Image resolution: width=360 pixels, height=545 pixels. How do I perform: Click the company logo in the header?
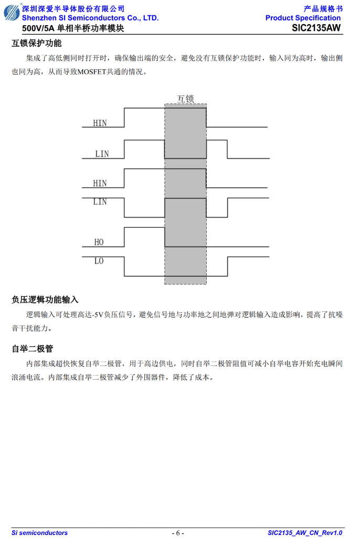(x=12, y=13)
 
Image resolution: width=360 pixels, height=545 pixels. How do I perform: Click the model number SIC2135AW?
(x=316, y=28)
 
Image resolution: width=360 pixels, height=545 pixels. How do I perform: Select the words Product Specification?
(x=303, y=18)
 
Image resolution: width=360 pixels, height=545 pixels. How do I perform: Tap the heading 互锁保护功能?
(x=37, y=43)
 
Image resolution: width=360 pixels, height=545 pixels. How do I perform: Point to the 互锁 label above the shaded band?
(x=185, y=99)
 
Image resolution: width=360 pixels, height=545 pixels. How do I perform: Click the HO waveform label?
(x=99, y=242)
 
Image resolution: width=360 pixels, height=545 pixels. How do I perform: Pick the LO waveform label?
(x=99, y=260)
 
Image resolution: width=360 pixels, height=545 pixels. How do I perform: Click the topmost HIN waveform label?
(x=100, y=123)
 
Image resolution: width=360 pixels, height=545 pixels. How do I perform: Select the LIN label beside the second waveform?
(x=102, y=154)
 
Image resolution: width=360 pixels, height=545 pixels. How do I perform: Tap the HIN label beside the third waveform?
(x=100, y=183)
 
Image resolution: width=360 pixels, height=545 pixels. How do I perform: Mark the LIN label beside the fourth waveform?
(x=100, y=202)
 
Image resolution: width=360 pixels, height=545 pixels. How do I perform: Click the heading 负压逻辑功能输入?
(x=45, y=300)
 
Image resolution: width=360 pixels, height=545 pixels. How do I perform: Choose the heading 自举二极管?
(x=33, y=349)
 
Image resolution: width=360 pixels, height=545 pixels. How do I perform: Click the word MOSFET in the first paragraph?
(x=91, y=72)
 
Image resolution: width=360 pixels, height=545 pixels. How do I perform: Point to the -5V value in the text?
(x=98, y=315)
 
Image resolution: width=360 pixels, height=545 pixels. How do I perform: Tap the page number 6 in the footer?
(x=177, y=533)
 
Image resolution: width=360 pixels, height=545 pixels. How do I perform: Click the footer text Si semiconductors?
(x=39, y=533)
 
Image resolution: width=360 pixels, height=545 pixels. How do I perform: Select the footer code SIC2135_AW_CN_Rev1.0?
(x=305, y=533)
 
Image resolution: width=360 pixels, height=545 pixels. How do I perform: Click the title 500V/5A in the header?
(x=38, y=28)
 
